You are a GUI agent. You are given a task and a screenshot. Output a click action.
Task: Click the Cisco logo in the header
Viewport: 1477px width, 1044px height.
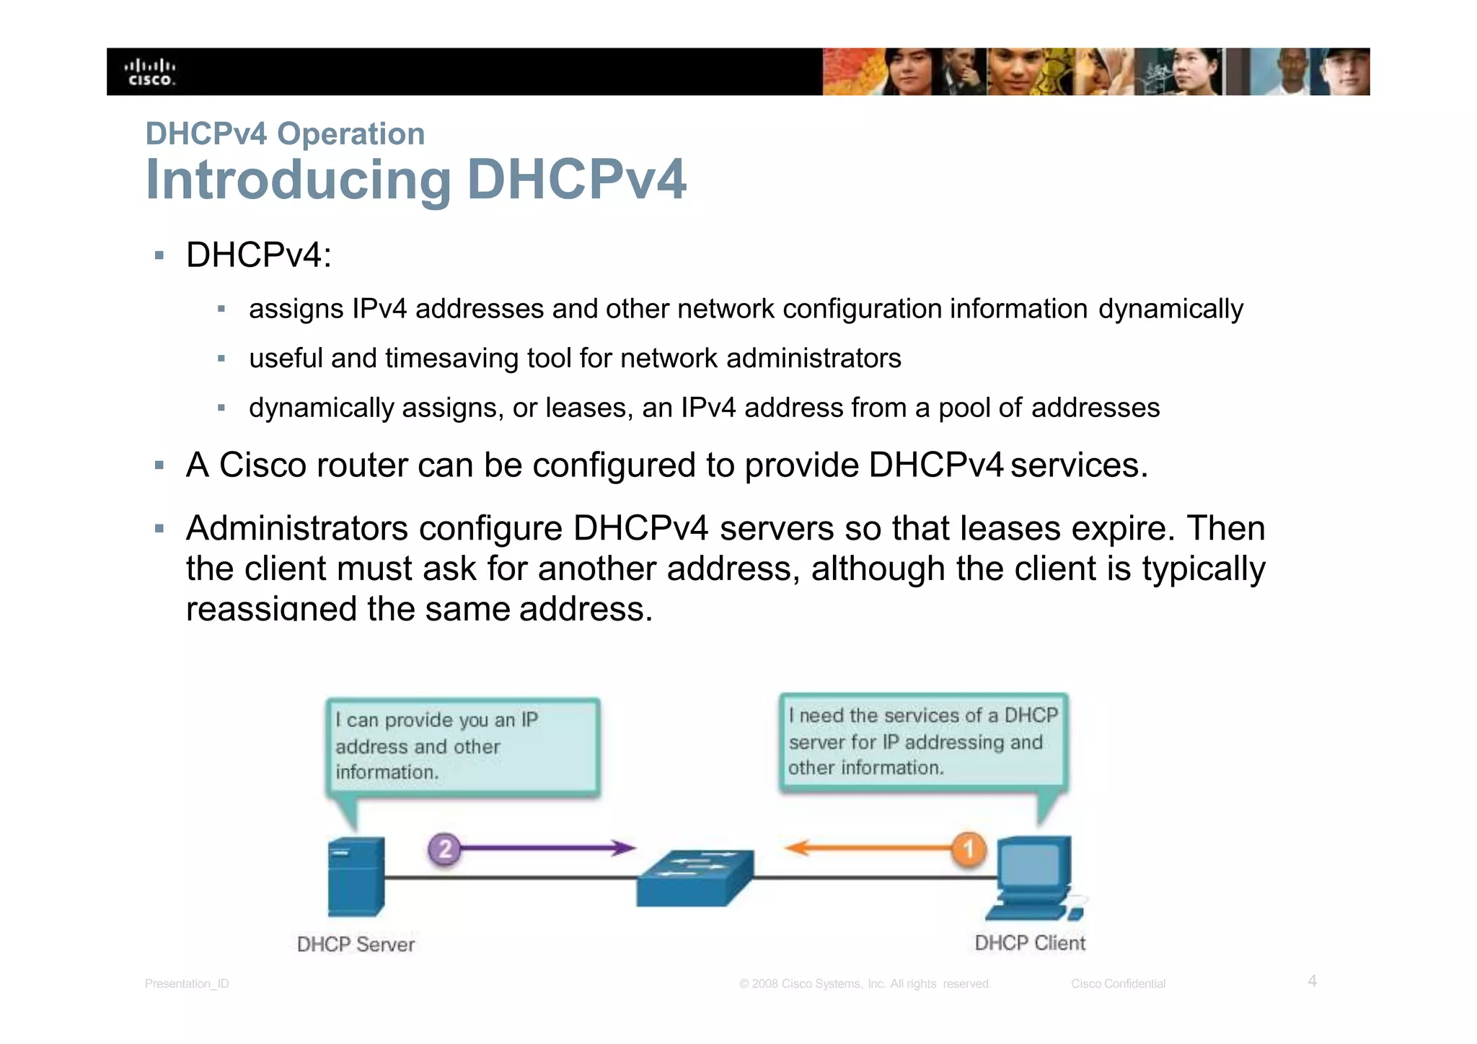coord(151,72)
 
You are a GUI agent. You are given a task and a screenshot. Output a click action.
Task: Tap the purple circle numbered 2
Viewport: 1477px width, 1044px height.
coord(445,848)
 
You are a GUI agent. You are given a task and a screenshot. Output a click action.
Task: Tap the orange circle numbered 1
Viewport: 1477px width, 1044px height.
coord(969,848)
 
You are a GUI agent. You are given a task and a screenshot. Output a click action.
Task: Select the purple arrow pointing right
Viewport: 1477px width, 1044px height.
coord(548,848)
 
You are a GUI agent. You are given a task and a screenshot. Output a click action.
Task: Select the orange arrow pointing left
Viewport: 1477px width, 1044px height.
coord(865,848)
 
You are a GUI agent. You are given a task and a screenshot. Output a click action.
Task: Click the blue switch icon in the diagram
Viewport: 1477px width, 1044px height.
coord(695,877)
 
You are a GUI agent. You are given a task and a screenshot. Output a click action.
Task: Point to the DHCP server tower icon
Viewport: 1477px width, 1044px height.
coord(356,876)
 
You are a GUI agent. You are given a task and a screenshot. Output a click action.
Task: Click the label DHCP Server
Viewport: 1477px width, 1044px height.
coord(356,944)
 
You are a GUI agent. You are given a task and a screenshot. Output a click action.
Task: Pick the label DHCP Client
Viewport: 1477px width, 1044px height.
coord(1030,943)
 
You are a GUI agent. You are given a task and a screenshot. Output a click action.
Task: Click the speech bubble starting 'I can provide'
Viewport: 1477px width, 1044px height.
coord(463,747)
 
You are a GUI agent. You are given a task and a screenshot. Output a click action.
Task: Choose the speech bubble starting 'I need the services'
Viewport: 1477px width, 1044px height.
coord(922,742)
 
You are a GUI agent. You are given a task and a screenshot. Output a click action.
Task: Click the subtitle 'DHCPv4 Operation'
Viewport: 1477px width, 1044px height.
coord(285,134)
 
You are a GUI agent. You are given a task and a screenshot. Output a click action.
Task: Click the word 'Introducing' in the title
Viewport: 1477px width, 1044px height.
coord(299,180)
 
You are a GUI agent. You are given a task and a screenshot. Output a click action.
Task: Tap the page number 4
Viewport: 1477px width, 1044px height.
coord(1313,981)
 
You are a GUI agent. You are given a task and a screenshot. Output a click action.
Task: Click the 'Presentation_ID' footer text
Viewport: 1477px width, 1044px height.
coord(187,983)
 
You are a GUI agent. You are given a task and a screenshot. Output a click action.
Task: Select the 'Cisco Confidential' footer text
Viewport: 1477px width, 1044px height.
coord(1118,983)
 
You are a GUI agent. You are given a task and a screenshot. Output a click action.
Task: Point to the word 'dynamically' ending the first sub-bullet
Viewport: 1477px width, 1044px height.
coord(1170,309)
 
